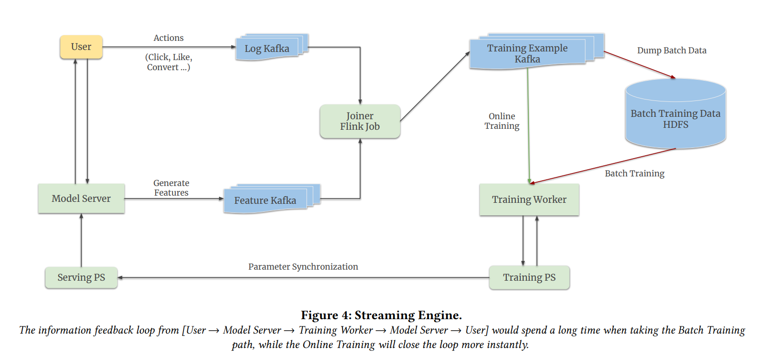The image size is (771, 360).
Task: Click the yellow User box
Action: (81, 47)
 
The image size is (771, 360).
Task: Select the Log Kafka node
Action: (267, 49)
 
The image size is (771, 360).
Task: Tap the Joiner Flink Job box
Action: (360, 121)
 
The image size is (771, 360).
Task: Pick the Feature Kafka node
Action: (265, 200)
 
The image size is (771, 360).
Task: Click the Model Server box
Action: (81, 199)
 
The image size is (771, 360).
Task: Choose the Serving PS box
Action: (81, 277)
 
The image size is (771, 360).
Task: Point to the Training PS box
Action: (529, 277)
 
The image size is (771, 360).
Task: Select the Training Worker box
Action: (529, 199)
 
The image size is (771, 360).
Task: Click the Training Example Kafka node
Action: (527, 53)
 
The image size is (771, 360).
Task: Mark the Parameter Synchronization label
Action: (303, 267)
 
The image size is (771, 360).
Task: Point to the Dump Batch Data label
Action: (672, 50)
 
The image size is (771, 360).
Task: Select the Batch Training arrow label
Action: (635, 174)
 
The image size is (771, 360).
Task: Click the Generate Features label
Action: (171, 188)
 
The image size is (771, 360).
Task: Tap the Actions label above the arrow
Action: (169, 38)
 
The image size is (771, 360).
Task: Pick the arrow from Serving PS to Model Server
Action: (81, 240)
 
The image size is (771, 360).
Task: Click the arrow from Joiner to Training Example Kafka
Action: (435, 87)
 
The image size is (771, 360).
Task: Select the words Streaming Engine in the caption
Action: (408, 315)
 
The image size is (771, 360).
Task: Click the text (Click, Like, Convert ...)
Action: (169, 62)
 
